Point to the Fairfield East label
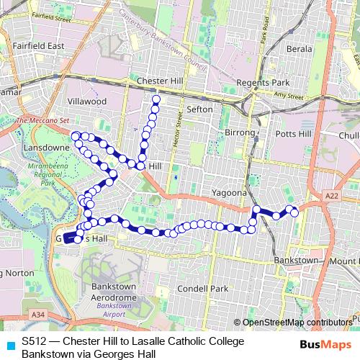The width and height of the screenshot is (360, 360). pyautogui.click(x=38, y=45)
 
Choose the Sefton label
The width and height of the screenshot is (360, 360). pyautogui.click(x=199, y=109)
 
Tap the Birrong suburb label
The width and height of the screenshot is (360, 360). pyautogui.click(x=240, y=133)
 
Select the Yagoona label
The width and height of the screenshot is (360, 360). pyautogui.click(x=229, y=193)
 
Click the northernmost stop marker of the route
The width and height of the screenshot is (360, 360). pyautogui.click(x=156, y=99)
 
